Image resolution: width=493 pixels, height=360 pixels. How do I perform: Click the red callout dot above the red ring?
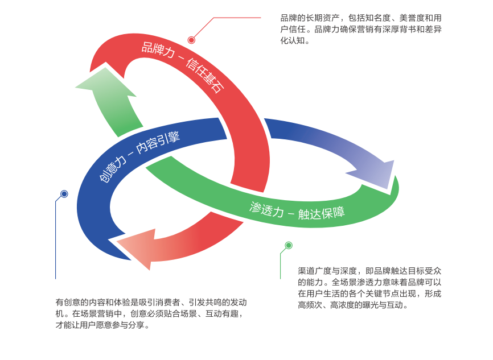pos(191,40)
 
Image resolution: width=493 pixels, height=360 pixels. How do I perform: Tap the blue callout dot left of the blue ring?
pos(64,194)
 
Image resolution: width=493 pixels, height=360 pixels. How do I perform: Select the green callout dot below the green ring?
pos(289,245)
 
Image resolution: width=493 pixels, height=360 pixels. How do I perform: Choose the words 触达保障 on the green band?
pos(321,214)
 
